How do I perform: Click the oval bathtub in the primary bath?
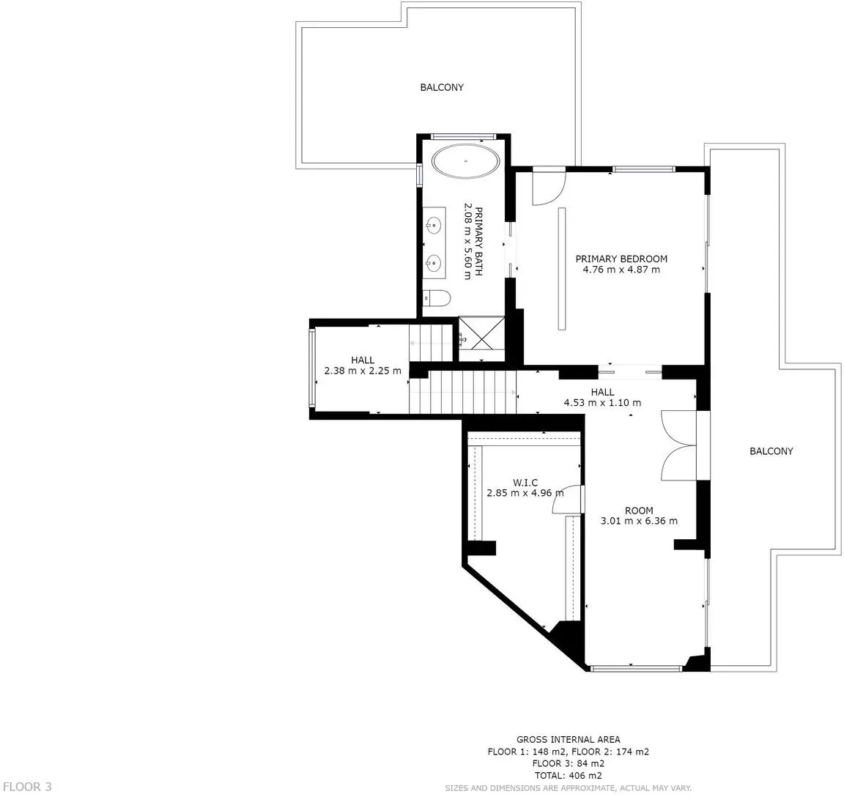466,160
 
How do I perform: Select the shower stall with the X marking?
481,338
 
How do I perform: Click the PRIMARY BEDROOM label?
621,259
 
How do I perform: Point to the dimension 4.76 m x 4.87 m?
621,270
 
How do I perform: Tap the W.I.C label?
525,483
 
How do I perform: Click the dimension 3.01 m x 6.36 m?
639,521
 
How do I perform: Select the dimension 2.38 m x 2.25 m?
363,371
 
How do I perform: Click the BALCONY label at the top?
442,87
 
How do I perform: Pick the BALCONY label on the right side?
771,451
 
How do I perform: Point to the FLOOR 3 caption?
27,787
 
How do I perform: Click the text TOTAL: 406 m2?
568,776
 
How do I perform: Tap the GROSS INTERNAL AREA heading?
568,739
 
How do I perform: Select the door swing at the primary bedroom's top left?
549,188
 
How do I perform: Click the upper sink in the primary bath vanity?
433,224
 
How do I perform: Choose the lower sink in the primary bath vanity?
433,263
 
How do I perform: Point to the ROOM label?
639,510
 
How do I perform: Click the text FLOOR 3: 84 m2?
568,763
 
